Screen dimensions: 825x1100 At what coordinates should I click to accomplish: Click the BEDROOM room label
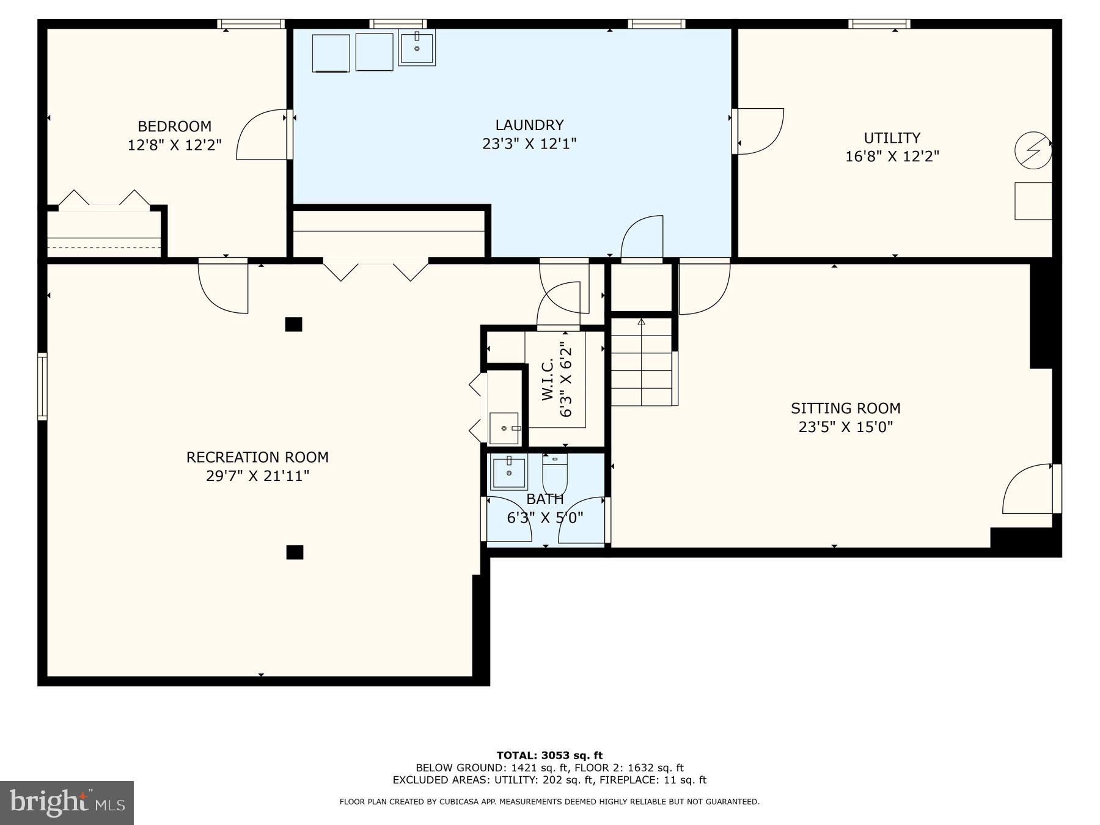pos(174,127)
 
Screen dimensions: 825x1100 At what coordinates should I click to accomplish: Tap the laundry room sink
pos(417,47)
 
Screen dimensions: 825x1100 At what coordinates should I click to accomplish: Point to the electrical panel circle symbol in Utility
pos(1033,150)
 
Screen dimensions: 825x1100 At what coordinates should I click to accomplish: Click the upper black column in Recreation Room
pos(293,324)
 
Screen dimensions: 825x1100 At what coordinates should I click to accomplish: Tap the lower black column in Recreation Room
pos(295,552)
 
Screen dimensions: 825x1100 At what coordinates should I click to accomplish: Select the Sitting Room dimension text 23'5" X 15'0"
pos(845,427)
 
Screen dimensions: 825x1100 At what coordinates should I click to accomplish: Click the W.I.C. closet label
pos(548,379)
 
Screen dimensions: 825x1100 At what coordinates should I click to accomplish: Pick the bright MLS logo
pos(67,802)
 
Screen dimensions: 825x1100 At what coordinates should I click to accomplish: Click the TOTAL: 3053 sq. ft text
pos(549,755)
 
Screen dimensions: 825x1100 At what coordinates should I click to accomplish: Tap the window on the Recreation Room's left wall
pos(42,386)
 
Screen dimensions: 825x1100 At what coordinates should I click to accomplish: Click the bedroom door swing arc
pos(260,136)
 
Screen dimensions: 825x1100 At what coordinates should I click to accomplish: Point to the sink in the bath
pos(508,473)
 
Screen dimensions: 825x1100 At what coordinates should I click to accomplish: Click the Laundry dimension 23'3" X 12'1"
pos(529,144)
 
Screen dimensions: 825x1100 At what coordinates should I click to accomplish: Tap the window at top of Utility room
pos(879,24)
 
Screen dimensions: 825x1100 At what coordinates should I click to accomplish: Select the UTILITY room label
pos(892,137)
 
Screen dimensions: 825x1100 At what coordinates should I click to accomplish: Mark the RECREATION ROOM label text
pos(257,457)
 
